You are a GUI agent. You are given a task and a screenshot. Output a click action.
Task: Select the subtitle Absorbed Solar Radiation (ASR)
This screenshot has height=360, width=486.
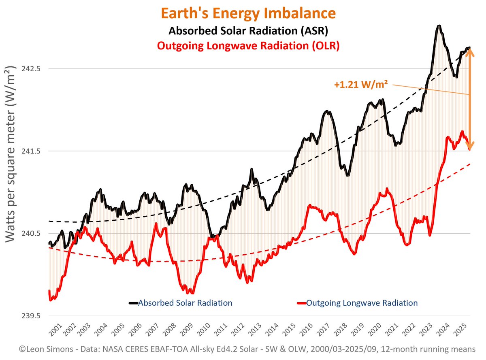(x=248, y=31)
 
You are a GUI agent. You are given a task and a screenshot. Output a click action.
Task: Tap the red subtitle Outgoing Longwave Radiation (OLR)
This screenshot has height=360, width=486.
(x=248, y=46)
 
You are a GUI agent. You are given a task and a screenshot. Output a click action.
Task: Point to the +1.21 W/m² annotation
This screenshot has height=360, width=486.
(x=361, y=84)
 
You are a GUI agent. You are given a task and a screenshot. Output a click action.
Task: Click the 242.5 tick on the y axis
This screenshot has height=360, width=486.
(x=31, y=69)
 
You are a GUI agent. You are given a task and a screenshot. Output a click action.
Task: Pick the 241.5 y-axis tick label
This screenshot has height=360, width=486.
(x=31, y=151)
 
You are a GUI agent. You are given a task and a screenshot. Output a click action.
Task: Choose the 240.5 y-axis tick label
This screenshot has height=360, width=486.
(x=31, y=234)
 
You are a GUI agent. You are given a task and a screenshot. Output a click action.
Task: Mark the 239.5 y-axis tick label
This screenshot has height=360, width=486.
(x=31, y=316)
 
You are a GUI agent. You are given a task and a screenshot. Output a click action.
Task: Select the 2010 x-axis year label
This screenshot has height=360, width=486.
(x=204, y=329)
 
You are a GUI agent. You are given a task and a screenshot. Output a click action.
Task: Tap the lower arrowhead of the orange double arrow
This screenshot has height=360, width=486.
(x=470, y=145)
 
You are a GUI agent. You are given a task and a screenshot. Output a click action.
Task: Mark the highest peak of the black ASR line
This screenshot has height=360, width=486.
(x=439, y=26)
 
